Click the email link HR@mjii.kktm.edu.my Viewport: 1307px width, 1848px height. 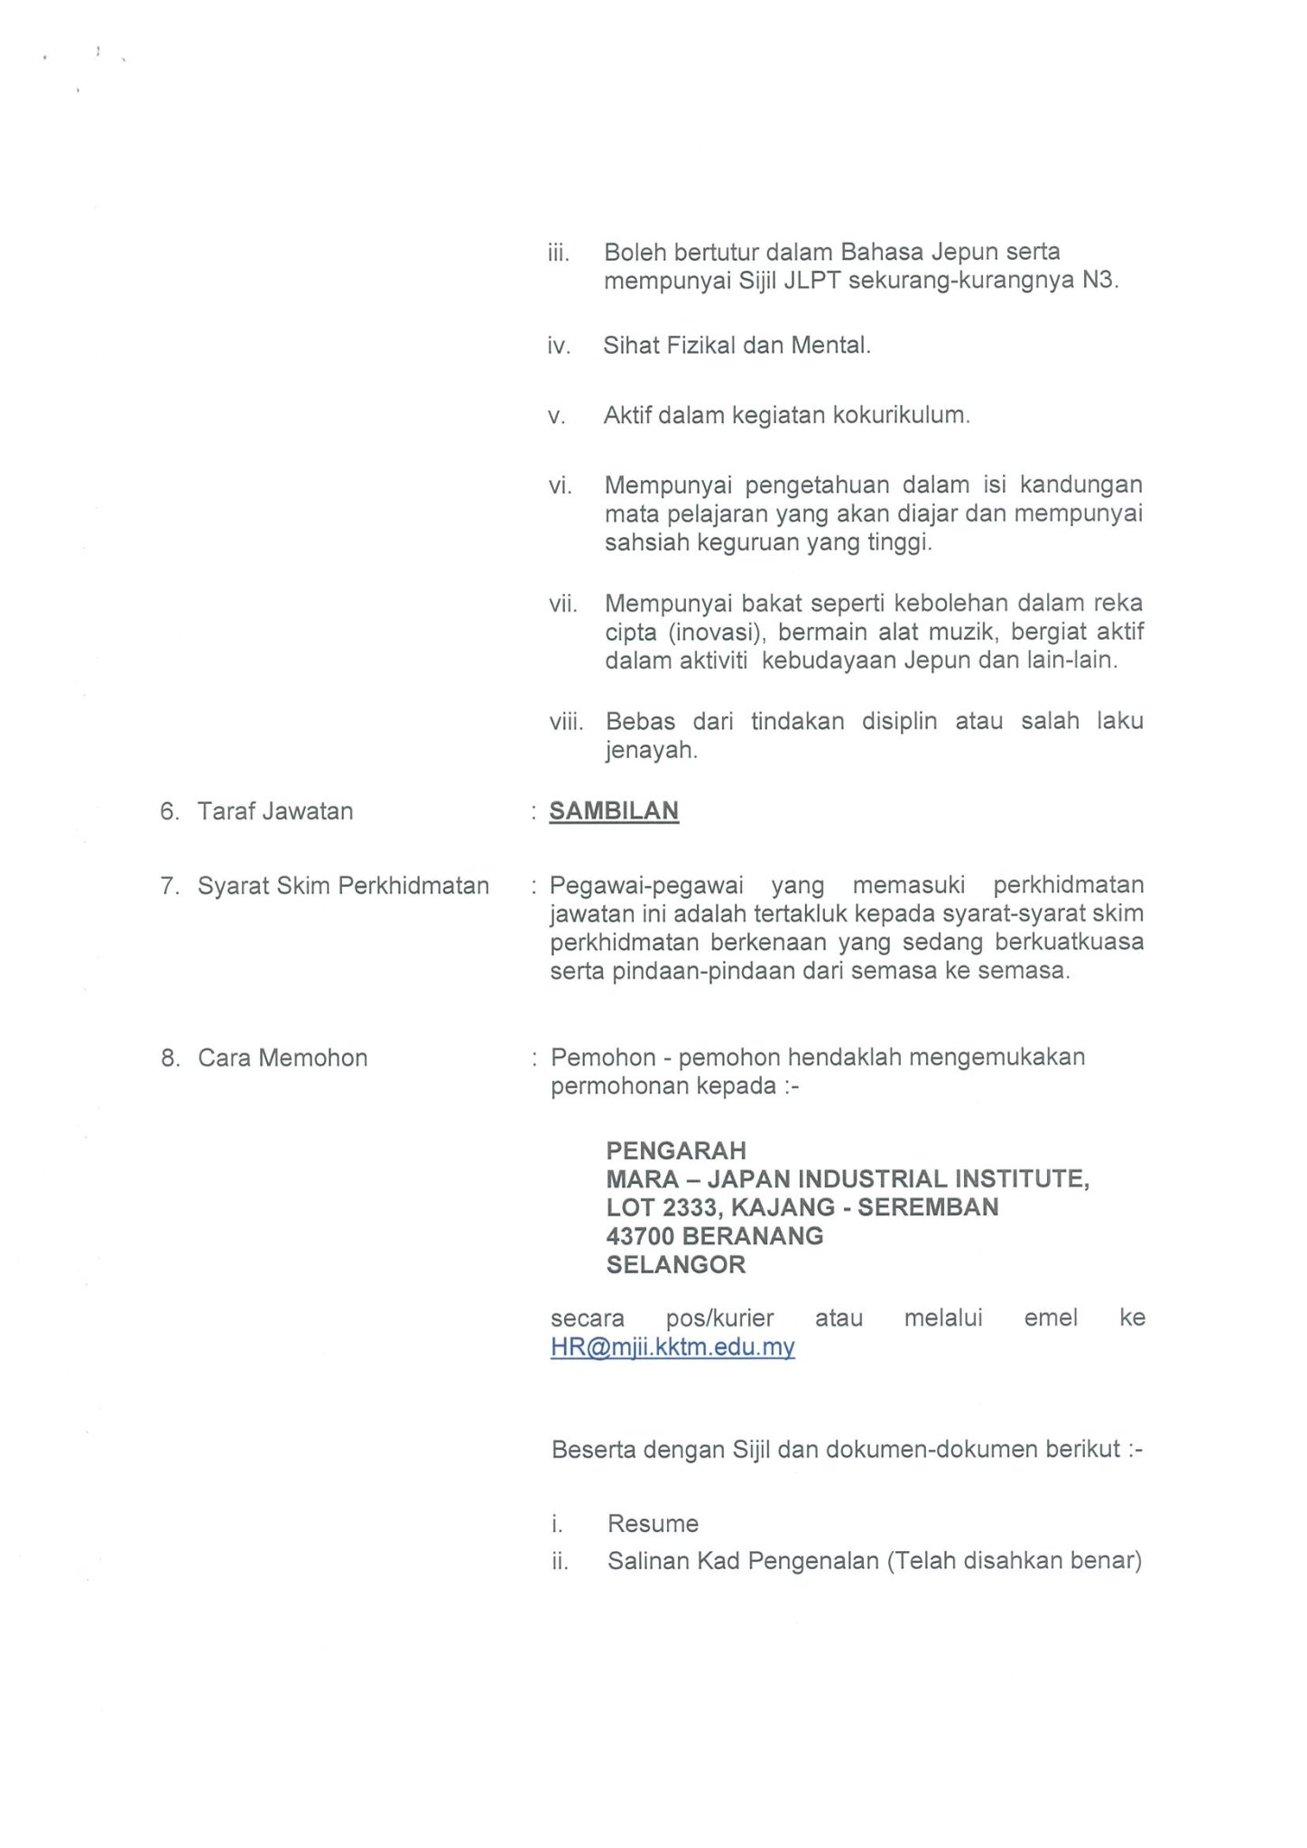(x=672, y=1347)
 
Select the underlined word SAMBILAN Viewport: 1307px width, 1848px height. (x=614, y=811)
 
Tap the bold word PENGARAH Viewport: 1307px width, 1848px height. (x=676, y=1150)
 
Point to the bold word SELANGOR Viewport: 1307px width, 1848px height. (x=676, y=1265)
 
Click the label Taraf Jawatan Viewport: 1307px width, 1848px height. (x=275, y=811)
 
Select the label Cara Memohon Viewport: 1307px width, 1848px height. (x=283, y=1058)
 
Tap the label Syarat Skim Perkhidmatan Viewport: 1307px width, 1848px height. (x=343, y=886)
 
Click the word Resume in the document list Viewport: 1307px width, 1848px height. (x=653, y=1524)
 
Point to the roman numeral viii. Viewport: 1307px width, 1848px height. (x=566, y=722)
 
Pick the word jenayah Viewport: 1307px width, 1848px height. (x=651, y=750)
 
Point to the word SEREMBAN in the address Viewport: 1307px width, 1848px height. (x=928, y=1207)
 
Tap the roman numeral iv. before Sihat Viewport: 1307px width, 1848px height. (x=559, y=346)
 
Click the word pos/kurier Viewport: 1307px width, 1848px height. (x=719, y=1318)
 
